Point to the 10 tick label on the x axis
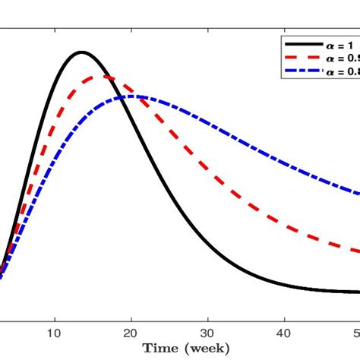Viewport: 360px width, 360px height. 54,332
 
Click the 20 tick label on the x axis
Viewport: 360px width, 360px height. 131,332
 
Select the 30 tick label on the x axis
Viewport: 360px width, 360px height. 207,332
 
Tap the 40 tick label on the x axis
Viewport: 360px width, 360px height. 284,332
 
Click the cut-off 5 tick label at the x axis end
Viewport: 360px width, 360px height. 356,332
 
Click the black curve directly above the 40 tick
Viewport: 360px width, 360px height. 284,286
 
